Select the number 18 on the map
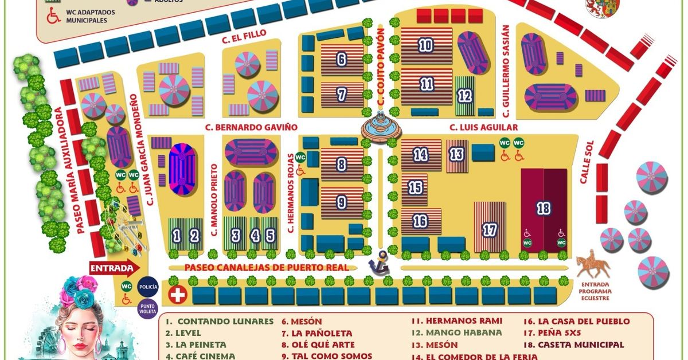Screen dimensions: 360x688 543,208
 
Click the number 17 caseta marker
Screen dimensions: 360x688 489,230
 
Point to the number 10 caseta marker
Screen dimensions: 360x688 425,45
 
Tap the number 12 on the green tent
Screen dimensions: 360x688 464,95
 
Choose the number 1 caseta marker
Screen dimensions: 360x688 177,235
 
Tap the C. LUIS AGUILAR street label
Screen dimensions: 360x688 483,127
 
